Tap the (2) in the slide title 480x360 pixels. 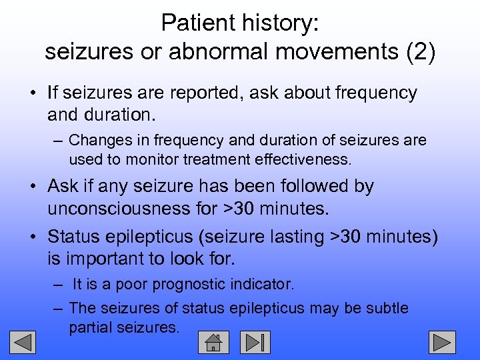click(417, 51)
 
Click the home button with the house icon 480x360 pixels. click(213, 342)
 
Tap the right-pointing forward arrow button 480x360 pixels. click(441, 342)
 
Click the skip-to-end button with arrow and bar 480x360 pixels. click(255, 342)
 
